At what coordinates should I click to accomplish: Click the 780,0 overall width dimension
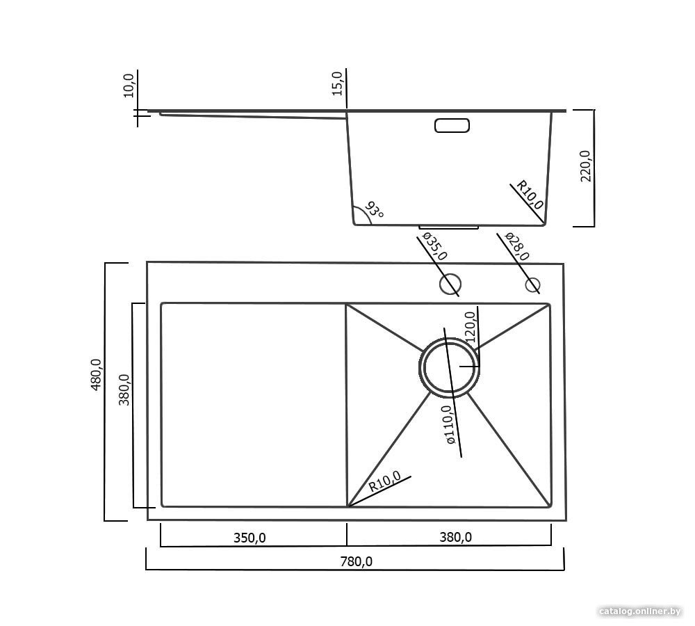click(x=356, y=562)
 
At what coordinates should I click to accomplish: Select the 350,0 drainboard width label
click(x=250, y=538)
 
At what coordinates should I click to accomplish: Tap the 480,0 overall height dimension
click(x=96, y=374)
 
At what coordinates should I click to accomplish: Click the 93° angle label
click(x=374, y=210)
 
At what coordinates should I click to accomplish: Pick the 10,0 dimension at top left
click(x=129, y=86)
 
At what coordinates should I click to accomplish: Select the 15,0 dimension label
click(x=337, y=83)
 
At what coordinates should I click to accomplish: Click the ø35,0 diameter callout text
click(x=435, y=246)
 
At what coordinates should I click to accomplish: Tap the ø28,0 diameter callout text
click(x=517, y=246)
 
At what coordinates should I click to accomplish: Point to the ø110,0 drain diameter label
click(x=448, y=424)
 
